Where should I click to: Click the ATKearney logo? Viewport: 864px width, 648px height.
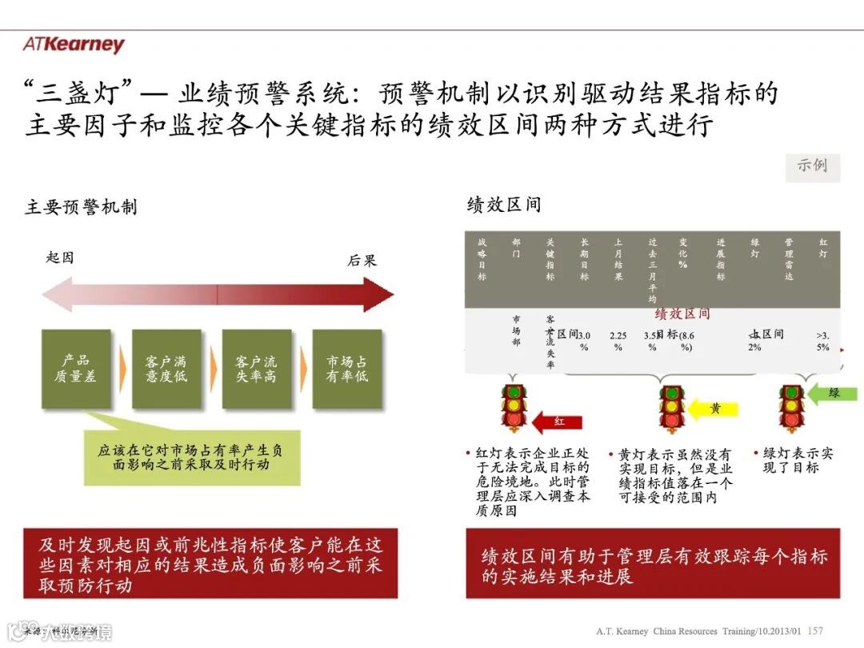coord(74,45)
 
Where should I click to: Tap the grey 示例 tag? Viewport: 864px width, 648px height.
coord(812,166)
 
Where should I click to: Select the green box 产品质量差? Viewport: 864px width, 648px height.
coord(76,369)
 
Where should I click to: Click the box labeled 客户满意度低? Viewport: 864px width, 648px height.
coord(166,369)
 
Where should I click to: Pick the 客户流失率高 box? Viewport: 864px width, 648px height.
coord(256,369)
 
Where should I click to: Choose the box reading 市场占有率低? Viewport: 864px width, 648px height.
coord(346,369)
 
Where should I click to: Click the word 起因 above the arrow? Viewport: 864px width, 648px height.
coord(60,258)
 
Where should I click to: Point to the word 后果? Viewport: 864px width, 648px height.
coord(362,261)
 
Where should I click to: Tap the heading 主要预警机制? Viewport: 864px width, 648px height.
coord(81,207)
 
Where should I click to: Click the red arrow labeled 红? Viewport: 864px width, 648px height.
coord(558,421)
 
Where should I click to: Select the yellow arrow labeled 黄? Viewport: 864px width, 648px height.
coord(714,409)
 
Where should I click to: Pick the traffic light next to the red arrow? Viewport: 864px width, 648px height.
coord(513,409)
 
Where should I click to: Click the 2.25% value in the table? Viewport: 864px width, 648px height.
coord(618,341)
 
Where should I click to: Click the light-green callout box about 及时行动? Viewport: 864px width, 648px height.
coord(192,458)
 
